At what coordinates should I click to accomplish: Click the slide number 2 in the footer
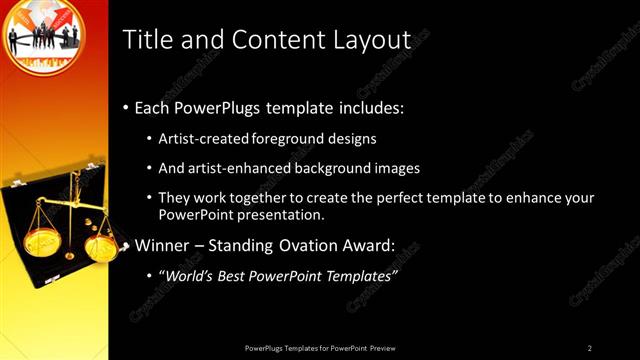[590, 347]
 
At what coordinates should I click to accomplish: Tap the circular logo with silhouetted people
[44, 40]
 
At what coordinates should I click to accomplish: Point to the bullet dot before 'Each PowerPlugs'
[125, 108]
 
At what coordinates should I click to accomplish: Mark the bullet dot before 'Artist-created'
[150, 139]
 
